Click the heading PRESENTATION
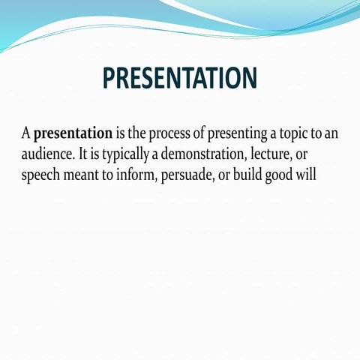[x=180, y=79]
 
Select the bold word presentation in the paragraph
[x=73, y=134]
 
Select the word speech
[x=41, y=176]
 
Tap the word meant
[x=86, y=176]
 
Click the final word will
[x=318, y=176]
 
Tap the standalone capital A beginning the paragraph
[x=26, y=134]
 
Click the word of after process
[x=200, y=134]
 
